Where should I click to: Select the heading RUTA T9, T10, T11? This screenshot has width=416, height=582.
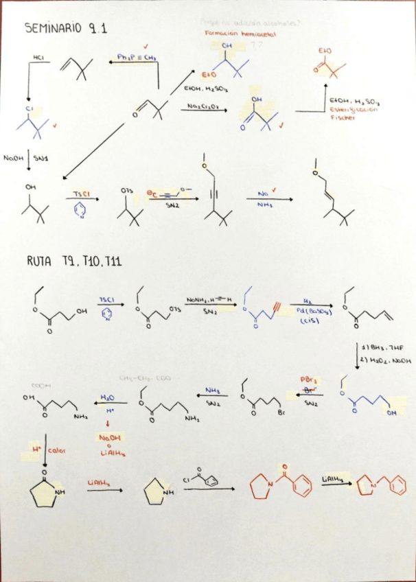click(75, 261)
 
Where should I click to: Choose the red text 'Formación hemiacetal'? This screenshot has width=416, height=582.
click(240, 33)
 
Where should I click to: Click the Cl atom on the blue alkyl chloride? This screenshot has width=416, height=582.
click(29, 108)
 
